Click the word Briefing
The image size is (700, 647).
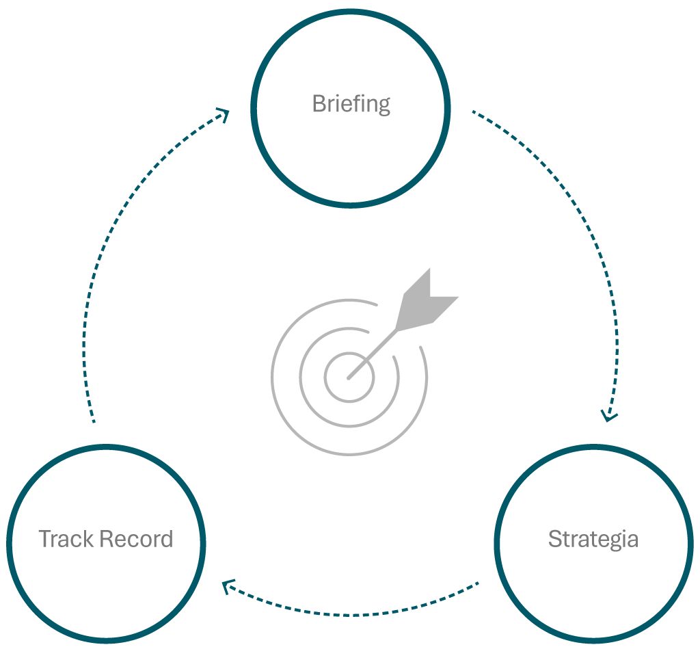point(351,104)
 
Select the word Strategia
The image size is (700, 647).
point(593,539)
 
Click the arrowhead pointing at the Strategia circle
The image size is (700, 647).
point(609,415)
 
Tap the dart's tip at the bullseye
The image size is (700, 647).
point(349,377)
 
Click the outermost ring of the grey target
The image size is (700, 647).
point(273,383)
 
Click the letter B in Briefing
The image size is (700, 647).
point(318,104)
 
